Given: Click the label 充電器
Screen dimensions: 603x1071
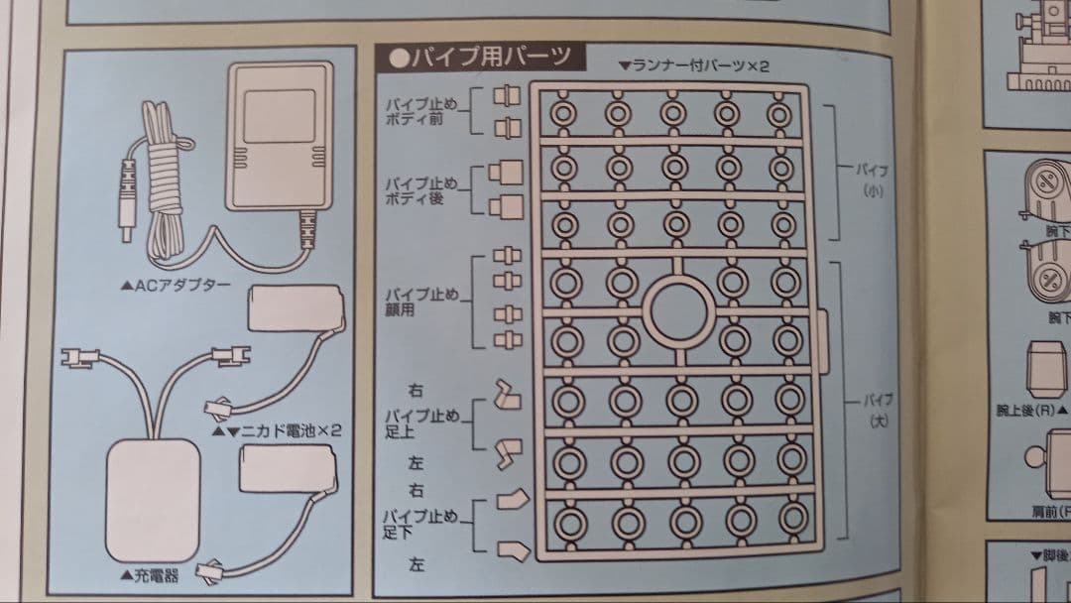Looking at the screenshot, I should (149, 574).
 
